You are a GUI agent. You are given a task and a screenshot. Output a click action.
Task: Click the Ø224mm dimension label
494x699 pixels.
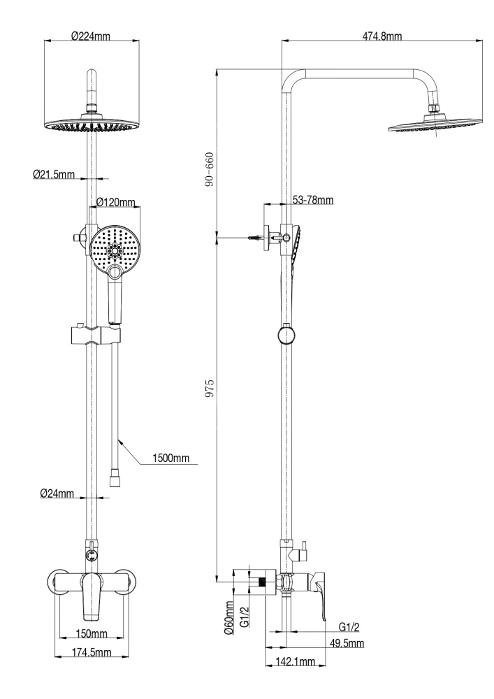pos(92,36)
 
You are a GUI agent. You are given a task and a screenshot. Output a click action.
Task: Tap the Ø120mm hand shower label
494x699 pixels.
pos(115,202)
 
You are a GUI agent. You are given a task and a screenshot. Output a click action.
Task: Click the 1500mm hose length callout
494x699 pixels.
pos(172,459)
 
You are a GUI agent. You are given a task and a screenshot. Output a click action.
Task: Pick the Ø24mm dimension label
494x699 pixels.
pos(57,493)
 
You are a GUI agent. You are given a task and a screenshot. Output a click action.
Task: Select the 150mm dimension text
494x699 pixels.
pos(92,634)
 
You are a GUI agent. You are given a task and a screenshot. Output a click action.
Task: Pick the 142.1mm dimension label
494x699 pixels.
pos(293,662)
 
